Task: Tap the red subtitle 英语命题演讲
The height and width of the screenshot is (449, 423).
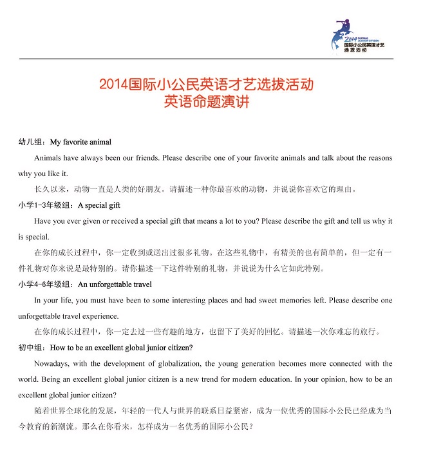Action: pyautogui.click(x=206, y=101)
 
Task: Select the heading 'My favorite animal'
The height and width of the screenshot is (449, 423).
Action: pyautogui.click(x=80, y=142)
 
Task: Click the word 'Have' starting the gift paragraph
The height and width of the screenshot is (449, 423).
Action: pyautogui.click(x=42, y=221)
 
